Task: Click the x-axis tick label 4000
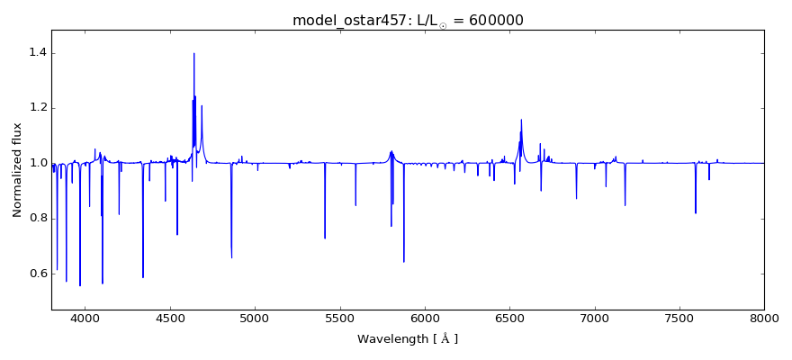coord(85,317)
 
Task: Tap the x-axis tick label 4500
coord(170,317)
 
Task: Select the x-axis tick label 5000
coord(255,317)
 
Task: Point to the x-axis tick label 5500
coord(339,317)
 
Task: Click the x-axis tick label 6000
coord(425,317)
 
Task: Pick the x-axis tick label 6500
coord(509,317)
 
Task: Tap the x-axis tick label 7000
coord(594,317)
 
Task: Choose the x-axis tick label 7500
coord(679,317)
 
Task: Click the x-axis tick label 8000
coord(763,317)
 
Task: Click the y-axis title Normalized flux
coord(17,170)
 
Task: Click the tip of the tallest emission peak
coord(193,53)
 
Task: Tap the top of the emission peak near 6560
coord(521,120)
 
